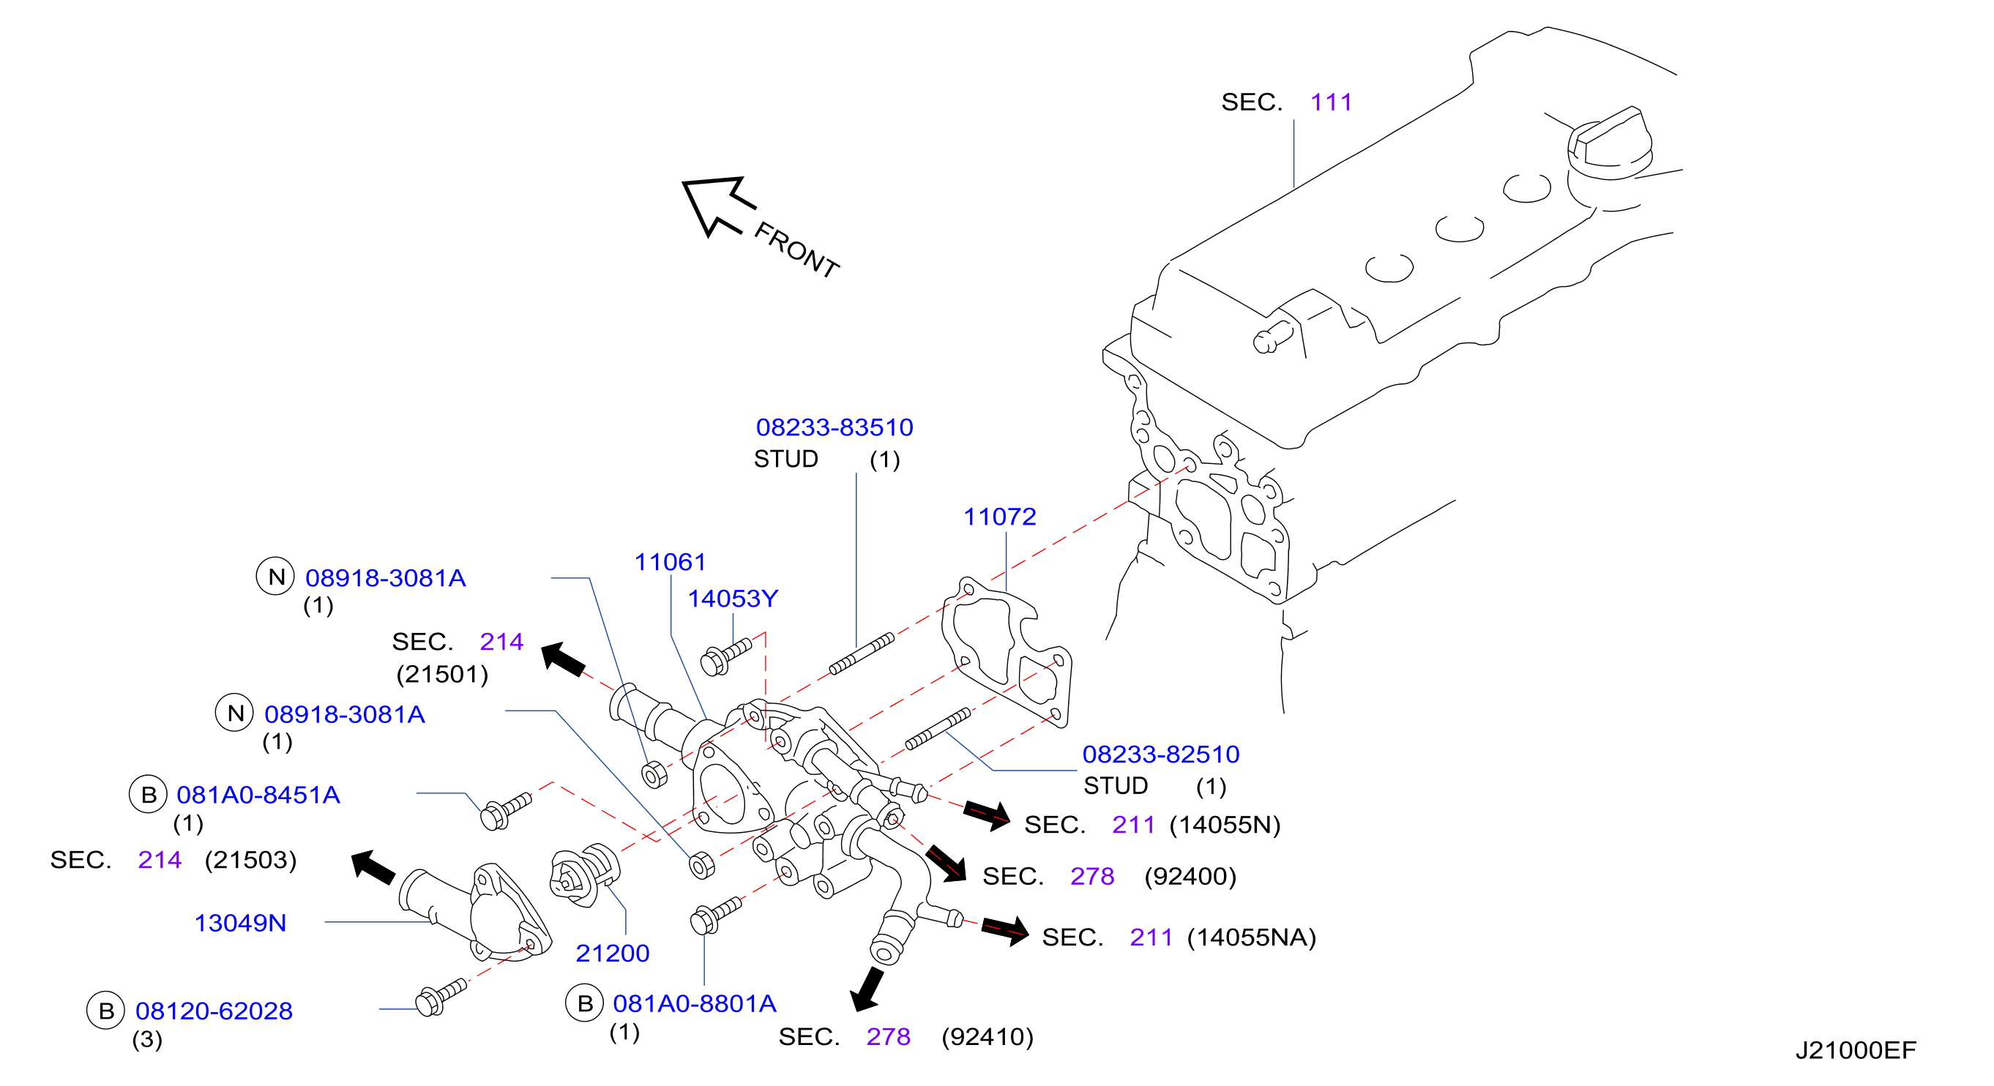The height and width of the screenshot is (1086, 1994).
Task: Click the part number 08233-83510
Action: click(x=834, y=427)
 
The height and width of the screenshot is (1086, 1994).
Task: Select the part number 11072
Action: click(x=999, y=517)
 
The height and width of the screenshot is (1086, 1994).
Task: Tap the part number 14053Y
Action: click(x=733, y=599)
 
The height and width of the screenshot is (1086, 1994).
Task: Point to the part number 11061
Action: click(x=671, y=562)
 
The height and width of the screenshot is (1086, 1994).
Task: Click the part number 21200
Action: click(x=612, y=953)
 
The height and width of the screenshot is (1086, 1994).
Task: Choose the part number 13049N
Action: click(x=240, y=923)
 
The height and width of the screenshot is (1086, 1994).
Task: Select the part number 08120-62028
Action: click(x=214, y=1011)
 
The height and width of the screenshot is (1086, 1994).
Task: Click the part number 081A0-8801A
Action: click(x=695, y=1003)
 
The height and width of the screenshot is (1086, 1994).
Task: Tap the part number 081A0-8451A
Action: click(x=258, y=795)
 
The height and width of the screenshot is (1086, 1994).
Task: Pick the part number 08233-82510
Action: click(x=1160, y=754)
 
